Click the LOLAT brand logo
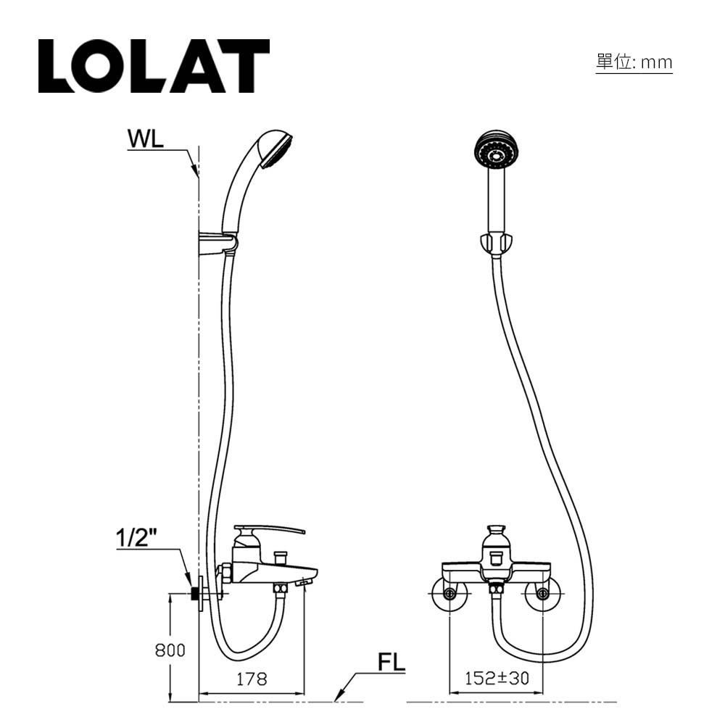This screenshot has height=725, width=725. (154, 66)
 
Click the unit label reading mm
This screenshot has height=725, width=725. (634, 62)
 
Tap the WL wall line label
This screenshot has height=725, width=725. (146, 139)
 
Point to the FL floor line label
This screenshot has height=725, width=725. (391, 663)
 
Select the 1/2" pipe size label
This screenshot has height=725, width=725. (138, 539)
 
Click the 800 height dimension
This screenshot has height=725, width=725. (170, 650)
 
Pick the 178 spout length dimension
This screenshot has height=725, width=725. (252, 679)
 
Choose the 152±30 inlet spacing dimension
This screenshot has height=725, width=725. (497, 679)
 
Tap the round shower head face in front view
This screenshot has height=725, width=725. (497, 151)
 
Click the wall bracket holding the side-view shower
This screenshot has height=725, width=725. (217, 243)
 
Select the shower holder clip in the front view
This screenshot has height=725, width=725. (497, 243)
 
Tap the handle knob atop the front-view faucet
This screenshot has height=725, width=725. (497, 538)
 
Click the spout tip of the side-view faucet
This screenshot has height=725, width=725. (304, 581)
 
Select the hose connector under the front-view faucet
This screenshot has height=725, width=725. (497, 589)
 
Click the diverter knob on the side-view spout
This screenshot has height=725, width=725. (280, 557)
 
